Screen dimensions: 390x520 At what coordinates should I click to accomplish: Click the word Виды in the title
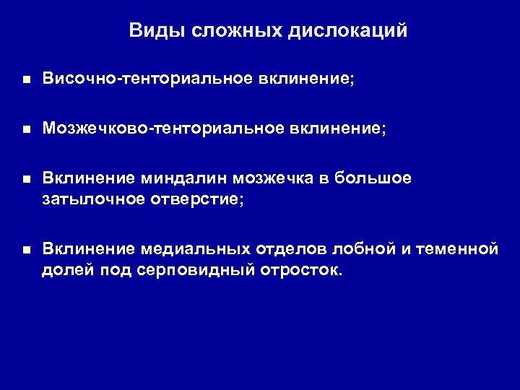pyautogui.click(x=152, y=31)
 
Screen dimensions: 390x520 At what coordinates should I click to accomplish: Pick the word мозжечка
pyautogui.click(x=256, y=180)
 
